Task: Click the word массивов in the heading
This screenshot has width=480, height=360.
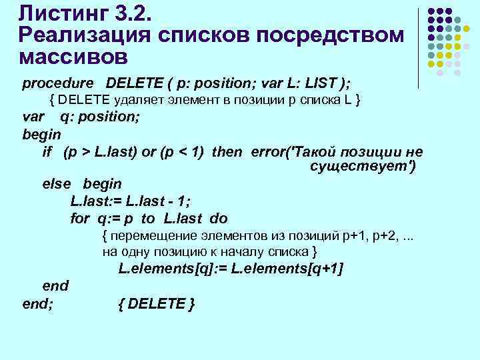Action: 74,56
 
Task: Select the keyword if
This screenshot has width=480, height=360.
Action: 47,151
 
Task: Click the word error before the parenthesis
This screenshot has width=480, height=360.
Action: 269,151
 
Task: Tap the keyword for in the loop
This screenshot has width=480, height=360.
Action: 79,219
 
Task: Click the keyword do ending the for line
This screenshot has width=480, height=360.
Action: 219,219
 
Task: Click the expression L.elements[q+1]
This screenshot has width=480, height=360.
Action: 287,269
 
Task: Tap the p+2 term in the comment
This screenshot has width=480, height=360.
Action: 374,236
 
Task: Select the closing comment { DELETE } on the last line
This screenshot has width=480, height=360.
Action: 157,304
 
